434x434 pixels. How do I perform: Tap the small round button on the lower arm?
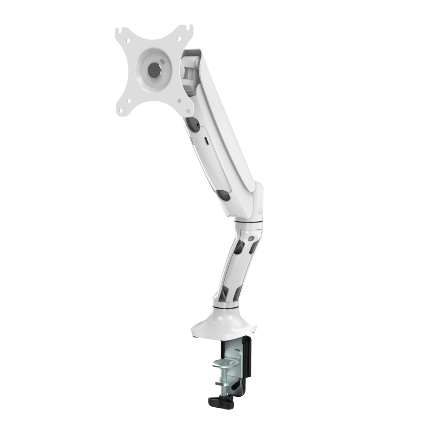tap(253, 238)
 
